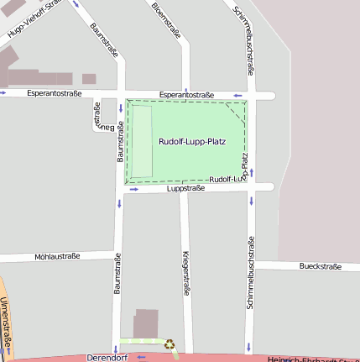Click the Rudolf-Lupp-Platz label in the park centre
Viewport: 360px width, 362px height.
click(x=192, y=142)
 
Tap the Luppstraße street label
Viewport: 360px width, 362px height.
click(x=186, y=189)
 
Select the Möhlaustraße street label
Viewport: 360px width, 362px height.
click(x=57, y=256)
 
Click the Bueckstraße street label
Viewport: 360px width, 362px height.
click(x=320, y=266)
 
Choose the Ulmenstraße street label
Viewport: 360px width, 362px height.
click(x=7, y=323)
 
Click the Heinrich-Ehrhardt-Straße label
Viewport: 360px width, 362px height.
click(x=310, y=359)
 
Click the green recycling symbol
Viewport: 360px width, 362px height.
click(x=170, y=344)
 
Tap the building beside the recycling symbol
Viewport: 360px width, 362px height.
click(x=146, y=323)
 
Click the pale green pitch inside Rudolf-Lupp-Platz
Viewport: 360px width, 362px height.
click(x=140, y=142)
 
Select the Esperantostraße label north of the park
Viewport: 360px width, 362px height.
click(x=186, y=95)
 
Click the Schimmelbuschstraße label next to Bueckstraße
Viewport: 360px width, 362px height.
click(x=250, y=273)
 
